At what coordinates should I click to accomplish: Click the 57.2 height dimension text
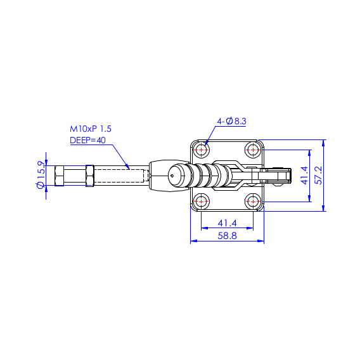click(x=318, y=175)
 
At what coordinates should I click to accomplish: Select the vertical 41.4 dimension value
click(x=305, y=176)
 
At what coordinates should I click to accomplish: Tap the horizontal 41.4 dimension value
click(x=227, y=223)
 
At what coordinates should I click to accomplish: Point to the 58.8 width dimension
click(x=227, y=236)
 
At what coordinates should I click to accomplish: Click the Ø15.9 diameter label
click(x=41, y=175)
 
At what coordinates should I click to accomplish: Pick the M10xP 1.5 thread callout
click(x=91, y=129)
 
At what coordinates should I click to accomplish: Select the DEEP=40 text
click(x=87, y=140)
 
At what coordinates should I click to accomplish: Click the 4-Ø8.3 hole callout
click(x=232, y=121)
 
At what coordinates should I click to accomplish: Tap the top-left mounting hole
click(x=202, y=150)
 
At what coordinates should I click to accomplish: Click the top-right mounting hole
click(x=253, y=150)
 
